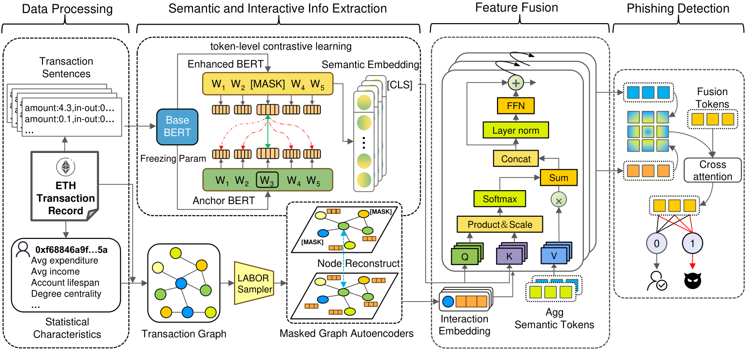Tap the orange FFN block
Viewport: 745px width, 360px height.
pos(516,105)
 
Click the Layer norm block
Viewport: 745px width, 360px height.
pos(516,131)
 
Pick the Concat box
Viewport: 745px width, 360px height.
pos(516,158)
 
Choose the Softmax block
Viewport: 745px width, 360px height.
pos(499,198)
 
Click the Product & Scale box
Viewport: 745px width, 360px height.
pos(499,224)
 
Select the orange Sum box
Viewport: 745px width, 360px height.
pos(558,178)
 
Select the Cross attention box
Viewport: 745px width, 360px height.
pos(712,170)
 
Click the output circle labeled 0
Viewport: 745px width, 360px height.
pos(656,244)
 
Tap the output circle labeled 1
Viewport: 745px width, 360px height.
pos(693,244)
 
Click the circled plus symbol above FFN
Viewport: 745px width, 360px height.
pos(516,83)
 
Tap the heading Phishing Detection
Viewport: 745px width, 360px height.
pos(678,8)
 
